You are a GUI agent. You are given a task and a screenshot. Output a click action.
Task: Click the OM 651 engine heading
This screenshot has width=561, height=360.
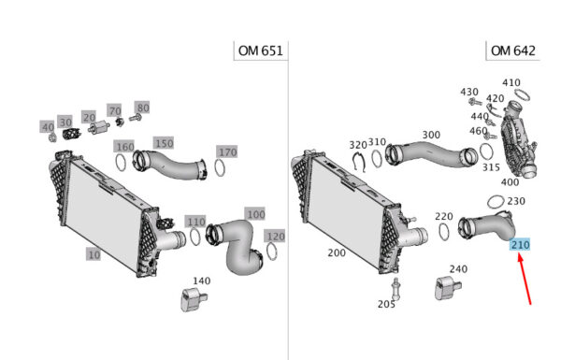click(x=261, y=50)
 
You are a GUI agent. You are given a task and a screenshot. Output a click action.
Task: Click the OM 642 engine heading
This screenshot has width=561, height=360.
click(x=513, y=50)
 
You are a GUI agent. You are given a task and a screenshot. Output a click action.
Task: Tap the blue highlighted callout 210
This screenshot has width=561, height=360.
click(x=520, y=245)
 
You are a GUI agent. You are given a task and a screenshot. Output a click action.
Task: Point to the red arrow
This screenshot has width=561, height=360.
click(x=525, y=280)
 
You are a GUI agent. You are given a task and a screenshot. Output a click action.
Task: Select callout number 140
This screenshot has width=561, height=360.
click(x=201, y=281)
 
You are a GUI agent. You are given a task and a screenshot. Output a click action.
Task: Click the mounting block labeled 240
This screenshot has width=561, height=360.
click(x=447, y=287)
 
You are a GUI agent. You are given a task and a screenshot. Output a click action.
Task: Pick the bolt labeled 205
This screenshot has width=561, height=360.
click(x=396, y=288)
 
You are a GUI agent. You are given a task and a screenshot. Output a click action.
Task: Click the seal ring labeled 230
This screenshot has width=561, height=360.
click(x=496, y=202)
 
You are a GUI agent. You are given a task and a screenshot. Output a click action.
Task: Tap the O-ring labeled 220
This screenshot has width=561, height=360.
click(x=443, y=232)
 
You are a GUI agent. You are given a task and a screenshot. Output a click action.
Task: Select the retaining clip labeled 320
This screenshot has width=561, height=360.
click(x=358, y=162)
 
